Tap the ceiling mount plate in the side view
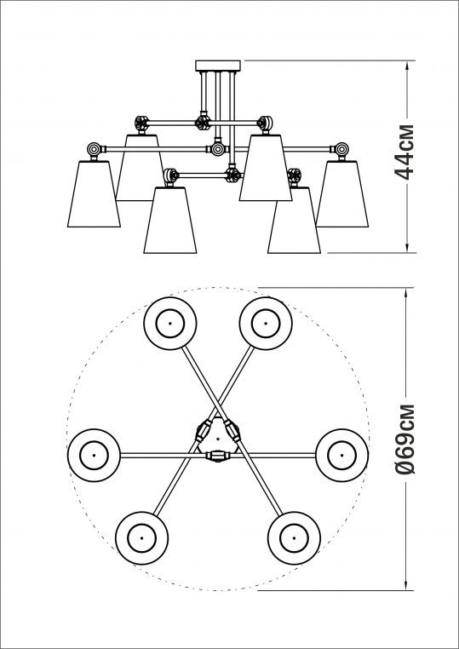point(218,66)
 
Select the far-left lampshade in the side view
point(93,194)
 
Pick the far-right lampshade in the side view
point(344,194)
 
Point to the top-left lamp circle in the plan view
point(169,324)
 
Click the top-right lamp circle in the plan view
point(263,324)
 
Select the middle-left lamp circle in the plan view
point(92,455)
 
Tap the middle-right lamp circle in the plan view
point(341,455)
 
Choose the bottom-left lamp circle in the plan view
point(140,537)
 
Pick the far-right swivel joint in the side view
point(341,150)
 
